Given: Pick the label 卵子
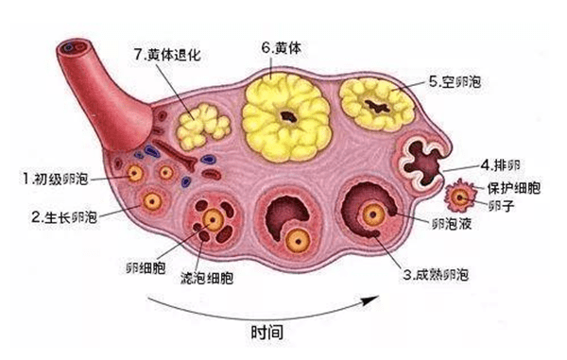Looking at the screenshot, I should click(502, 203).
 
